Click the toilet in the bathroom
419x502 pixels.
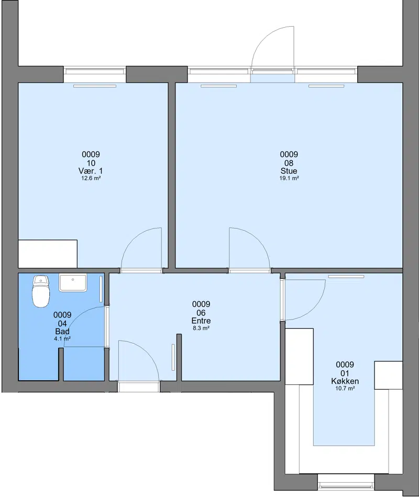tap(41, 291)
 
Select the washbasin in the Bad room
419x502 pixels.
tap(73, 282)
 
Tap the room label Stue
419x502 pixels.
tap(289, 170)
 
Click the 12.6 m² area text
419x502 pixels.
tap(91, 178)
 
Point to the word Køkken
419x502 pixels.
tap(345, 381)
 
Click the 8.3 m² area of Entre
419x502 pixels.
tap(201, 328)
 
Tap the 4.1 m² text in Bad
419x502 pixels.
tap(62, 339)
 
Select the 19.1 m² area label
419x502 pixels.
tap(289, 178)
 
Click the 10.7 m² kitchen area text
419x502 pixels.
tap(345, 389)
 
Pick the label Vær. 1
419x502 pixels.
tap(91, 170)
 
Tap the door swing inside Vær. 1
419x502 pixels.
tap(130, 238)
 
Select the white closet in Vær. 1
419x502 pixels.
tap(48, 254)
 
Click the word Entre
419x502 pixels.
tap(201, 321)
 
